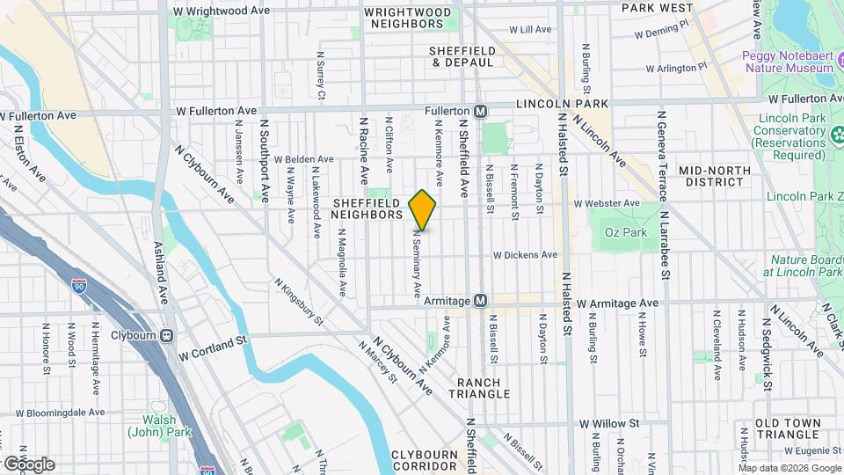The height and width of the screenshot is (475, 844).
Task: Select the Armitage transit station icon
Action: [x=481, y=301]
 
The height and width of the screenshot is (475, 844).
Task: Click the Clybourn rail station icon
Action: [x=167, y=335]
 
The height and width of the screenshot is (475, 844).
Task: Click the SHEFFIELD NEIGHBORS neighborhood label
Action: [x=367, y=208]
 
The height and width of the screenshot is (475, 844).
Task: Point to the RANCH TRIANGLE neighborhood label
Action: [x=484, y=388]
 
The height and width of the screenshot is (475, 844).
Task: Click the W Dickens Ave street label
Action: [x=525, y=255]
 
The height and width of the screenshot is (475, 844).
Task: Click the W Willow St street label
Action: [x=608, y=423]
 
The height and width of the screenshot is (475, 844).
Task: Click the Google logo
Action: [x=29, y=464]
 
